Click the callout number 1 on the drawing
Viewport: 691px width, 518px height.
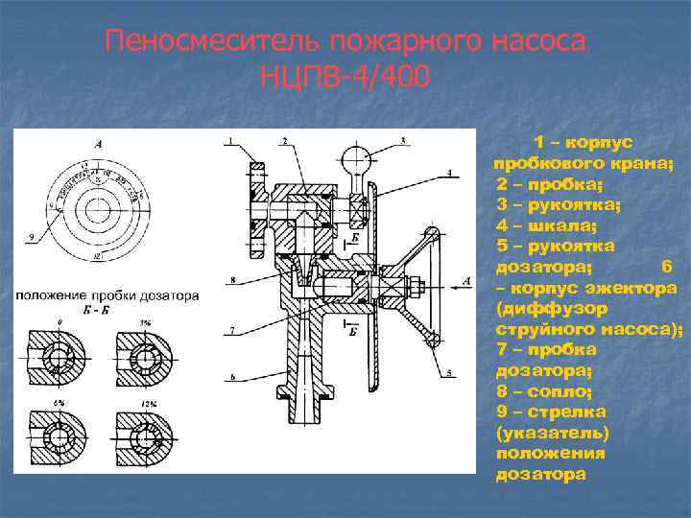click(230, 142)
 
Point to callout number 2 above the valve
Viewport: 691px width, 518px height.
click(285, 142)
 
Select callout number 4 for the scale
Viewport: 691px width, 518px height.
click(449, 173)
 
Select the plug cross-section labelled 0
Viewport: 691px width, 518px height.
click(60, 357)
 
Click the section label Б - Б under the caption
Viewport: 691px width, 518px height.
click(103, 312)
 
